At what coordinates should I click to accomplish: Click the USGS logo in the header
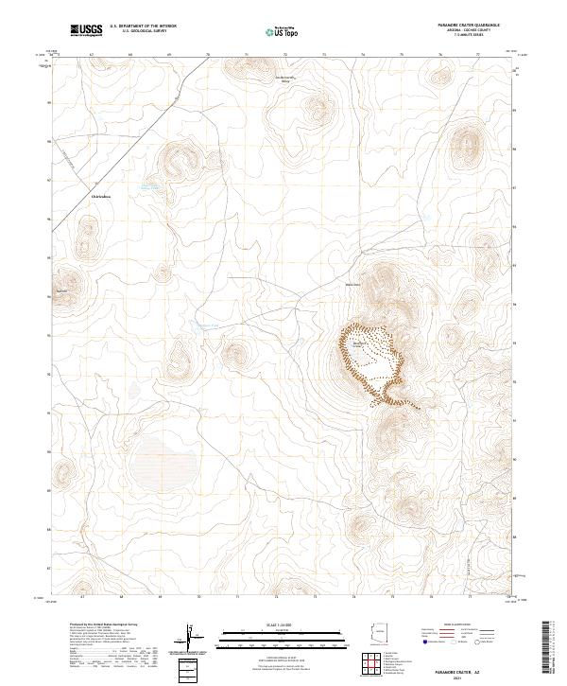(85, 31)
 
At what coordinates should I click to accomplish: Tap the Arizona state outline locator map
(380, 632)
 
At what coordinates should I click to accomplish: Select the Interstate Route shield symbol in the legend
(424, 642)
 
